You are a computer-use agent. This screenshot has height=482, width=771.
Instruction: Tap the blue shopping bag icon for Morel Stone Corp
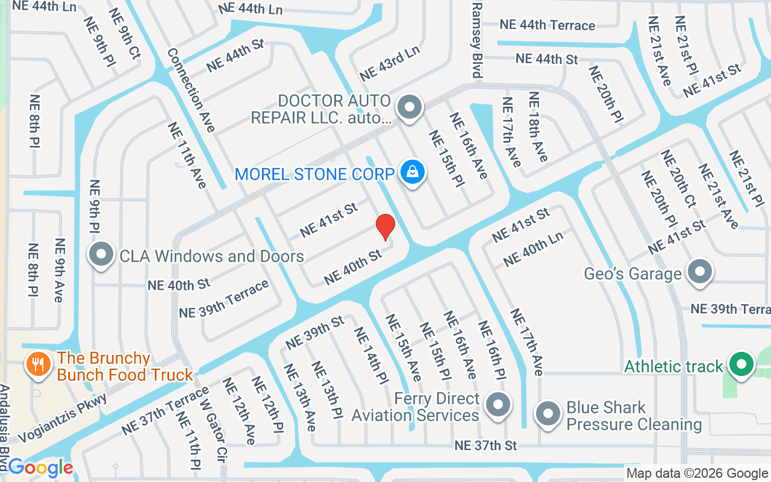tap(413, 173)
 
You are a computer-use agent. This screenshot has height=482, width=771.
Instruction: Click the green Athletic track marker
tap(741, 365)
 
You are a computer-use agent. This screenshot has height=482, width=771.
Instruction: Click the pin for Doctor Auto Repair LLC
tap(410, 108)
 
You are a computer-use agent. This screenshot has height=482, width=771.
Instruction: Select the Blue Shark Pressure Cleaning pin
tap(548, 415)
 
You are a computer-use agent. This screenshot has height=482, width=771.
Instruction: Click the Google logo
tap(41, 468)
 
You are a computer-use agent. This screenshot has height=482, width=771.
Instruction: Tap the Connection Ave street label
tap(191, 90)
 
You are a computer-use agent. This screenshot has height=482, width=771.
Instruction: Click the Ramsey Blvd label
tap(477, 40)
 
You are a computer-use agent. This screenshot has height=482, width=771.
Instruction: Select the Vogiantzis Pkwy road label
tap(63, 419)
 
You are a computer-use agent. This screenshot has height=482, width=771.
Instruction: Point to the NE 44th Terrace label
tap(547, 25)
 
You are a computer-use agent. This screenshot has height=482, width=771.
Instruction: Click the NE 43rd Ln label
tap(389, 63)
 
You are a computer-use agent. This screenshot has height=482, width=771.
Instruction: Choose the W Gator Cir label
tap(214, 430)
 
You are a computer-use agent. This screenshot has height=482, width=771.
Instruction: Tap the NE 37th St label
tap(485, 446)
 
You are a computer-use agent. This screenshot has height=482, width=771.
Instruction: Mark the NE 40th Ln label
tap(533, 249)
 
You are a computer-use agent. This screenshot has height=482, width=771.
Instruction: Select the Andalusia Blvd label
tap(5, 428)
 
